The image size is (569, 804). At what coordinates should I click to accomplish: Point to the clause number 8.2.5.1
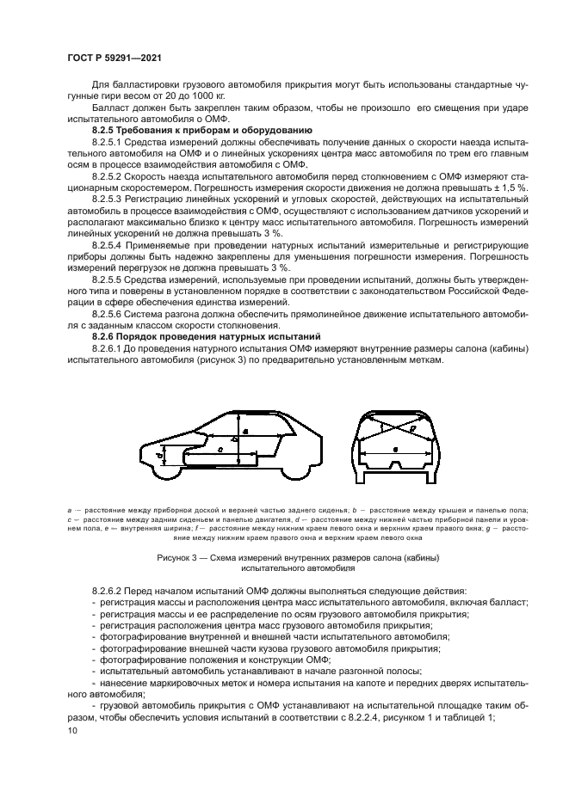(x=108, y=140)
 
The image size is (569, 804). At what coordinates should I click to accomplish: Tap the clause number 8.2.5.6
(x=108, y=314)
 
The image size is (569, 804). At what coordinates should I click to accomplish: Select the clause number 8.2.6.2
(x=108, y=591)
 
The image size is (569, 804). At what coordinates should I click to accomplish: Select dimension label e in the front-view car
(x=395, y=449)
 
